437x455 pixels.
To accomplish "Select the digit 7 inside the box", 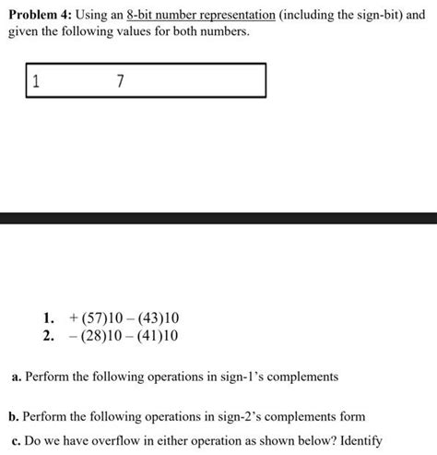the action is point(121,80).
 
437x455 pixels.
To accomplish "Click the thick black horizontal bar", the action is point(218,218).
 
